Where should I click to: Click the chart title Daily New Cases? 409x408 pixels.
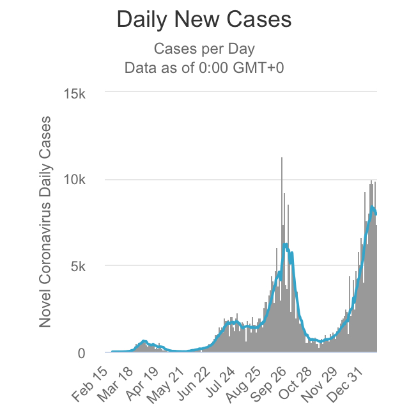(x=204, y=20)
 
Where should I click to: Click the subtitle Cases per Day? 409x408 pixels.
(x=204, y=49)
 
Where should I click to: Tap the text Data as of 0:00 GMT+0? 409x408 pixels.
(x=204, y=68)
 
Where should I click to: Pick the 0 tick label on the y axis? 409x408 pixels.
(x=91, y=353)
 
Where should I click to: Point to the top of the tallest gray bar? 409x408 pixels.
(x=282, y=158)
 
